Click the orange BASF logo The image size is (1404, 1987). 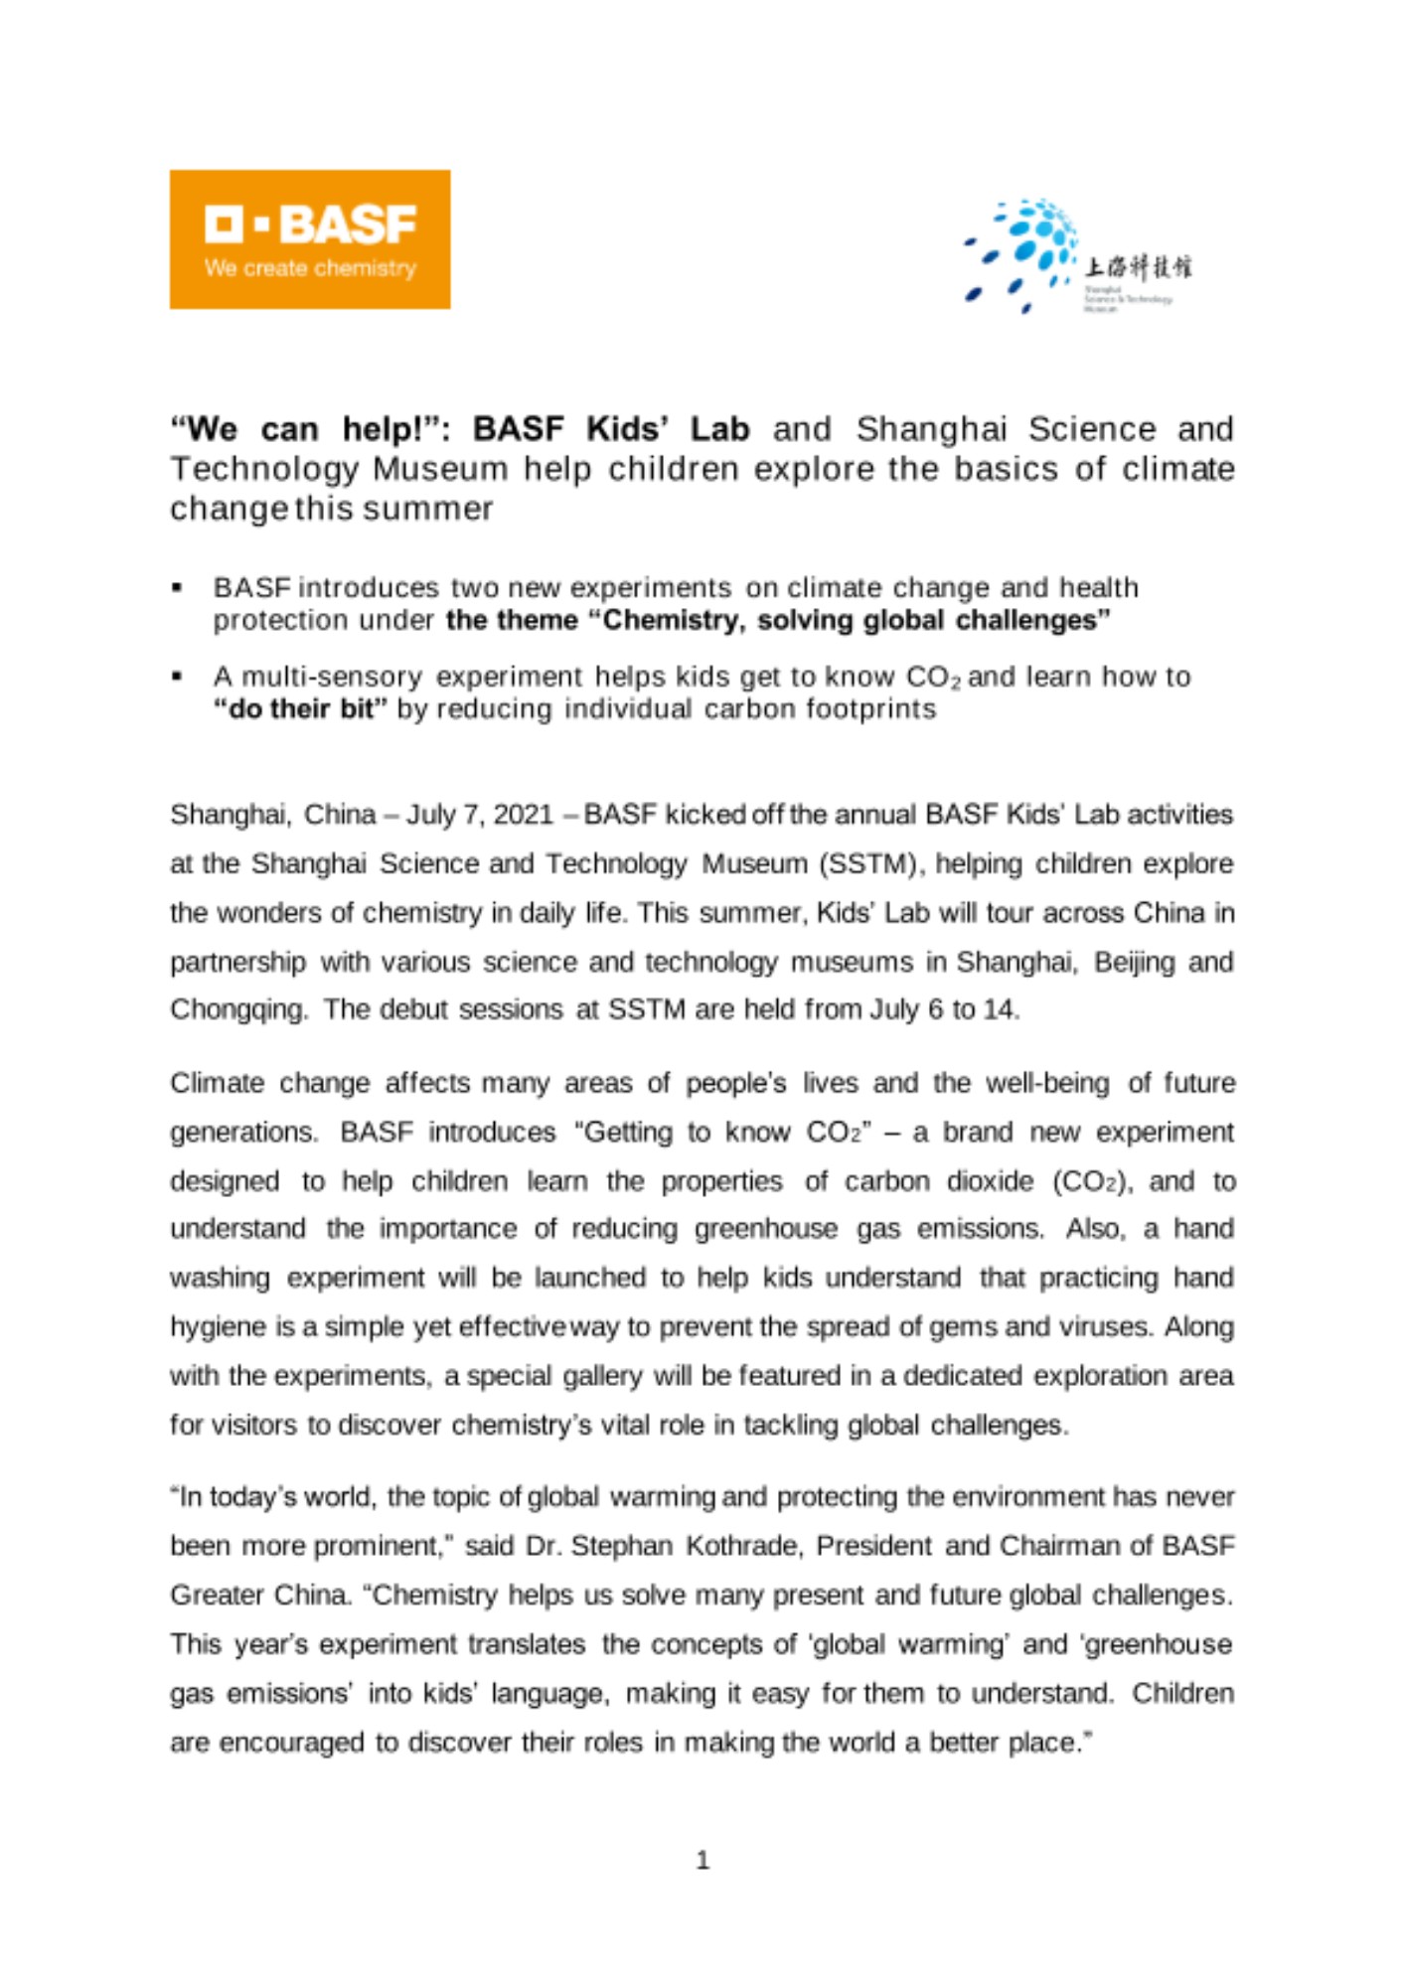[309, 238]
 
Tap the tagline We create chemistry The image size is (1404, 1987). [310, 268]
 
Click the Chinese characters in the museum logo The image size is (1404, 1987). [1137, 266]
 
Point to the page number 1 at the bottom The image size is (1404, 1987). [702, 1860]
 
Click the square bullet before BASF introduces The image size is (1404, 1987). [178, 588]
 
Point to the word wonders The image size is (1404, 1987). [271, 913]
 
